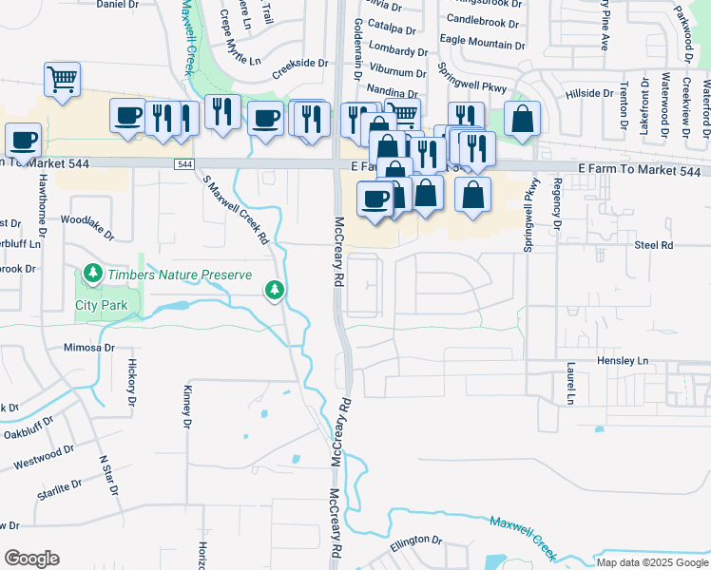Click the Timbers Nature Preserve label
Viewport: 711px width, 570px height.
pyautogui.click(x=180, y=275)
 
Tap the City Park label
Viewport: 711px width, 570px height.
pyautogui.click(x=102, y=306)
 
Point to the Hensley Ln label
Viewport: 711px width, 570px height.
pyautogui.click(x=622, y=361)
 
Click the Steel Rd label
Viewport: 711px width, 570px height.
pyautogui.click(x=653, y=245)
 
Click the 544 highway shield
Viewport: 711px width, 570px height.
pyautogui.click(x=183, y=164)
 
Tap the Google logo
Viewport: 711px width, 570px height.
pyautogui.click(x=31, y=559)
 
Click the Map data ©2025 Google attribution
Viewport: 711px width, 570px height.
pyautogui.click(x=653, y=562)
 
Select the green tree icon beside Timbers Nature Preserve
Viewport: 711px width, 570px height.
pyautogui.click(x=92, y=275)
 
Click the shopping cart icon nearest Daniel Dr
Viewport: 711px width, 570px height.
pyautogui.click(x=62, y=80)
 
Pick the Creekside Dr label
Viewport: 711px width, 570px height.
pyautogui.click(x=299, y=66)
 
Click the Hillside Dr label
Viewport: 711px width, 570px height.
pyautogui.click(x=589, y=93)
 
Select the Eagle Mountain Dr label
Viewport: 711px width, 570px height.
pyautogui.click(x=482, y=45)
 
